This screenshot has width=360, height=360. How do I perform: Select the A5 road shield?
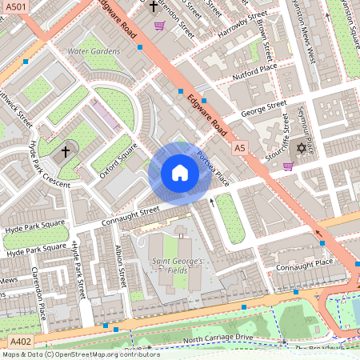click(x=240, y=148)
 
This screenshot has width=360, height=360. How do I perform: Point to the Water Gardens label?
click(x=94, y=51)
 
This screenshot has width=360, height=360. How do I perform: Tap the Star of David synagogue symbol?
click(x=302, y=149)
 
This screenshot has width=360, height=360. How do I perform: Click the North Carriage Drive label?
click(x=218, y=339)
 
